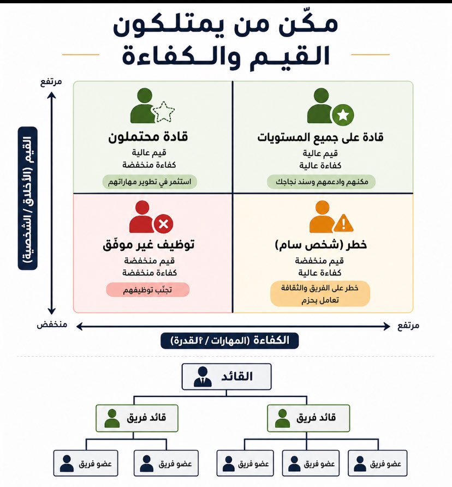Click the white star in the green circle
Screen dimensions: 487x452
pos(343,115)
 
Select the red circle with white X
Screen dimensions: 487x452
pos(163,223)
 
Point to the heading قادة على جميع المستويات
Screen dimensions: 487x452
pos(320,137)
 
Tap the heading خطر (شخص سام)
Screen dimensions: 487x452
pos(320,245)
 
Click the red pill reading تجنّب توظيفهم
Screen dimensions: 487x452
pos(148,290)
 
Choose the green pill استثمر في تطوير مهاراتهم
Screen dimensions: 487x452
pos(150,182)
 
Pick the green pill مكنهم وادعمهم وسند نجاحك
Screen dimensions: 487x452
pos(322,182)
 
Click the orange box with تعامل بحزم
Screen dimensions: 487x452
pos(320,294)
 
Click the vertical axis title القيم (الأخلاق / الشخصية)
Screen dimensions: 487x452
pos(27,198)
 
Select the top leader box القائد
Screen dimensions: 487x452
pos(226,376)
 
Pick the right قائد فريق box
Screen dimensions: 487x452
pos(308,419)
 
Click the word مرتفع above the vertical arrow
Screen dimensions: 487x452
pos(51,81)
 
